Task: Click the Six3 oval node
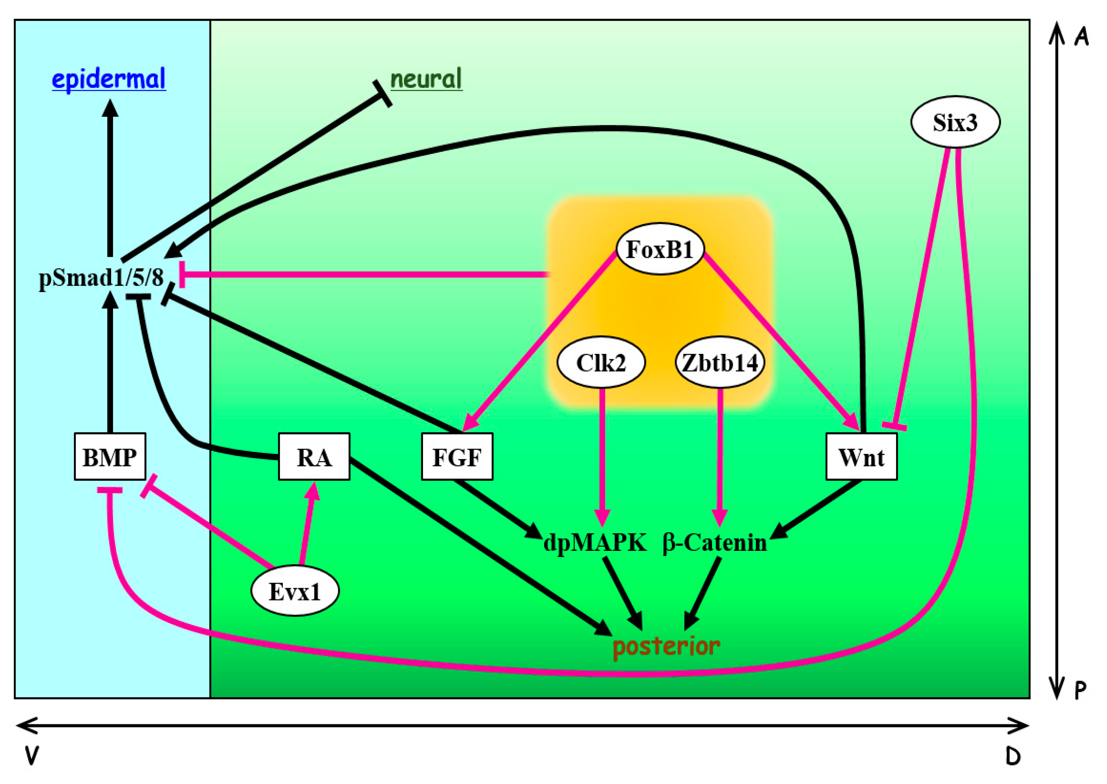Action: [955, 122]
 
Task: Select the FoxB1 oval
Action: [660, 249]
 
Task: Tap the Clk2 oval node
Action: [601, 362]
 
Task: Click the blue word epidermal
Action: [108, 79]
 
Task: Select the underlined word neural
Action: [426, 79]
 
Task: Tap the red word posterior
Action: [666, 646]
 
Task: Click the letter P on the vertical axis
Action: [1081, 690]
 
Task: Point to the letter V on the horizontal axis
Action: [32, 756]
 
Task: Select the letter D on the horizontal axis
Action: [1013, 756]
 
